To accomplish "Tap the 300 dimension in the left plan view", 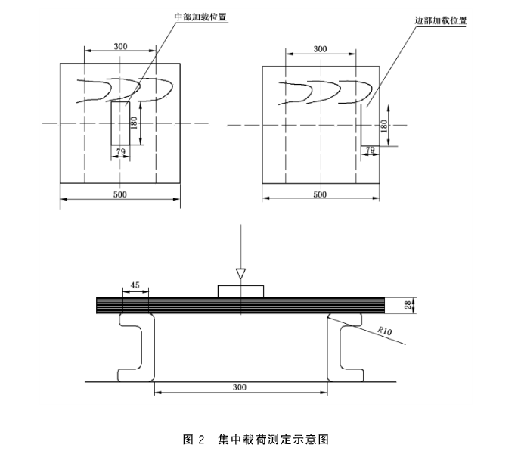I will pos(121,46).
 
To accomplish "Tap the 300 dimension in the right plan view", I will pos(320,48).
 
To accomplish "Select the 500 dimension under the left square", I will pos(119,194).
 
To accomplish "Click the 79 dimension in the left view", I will pos(120,152).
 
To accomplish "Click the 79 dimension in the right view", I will pos(371,150).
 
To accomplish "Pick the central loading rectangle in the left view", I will pos(120,124).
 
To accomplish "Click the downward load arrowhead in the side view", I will pos(240,273).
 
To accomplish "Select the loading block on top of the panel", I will pos(240,291).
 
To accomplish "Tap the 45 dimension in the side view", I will pos(135,285).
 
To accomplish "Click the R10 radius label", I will pos(386,331).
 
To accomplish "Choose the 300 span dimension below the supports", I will pos(240,387).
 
